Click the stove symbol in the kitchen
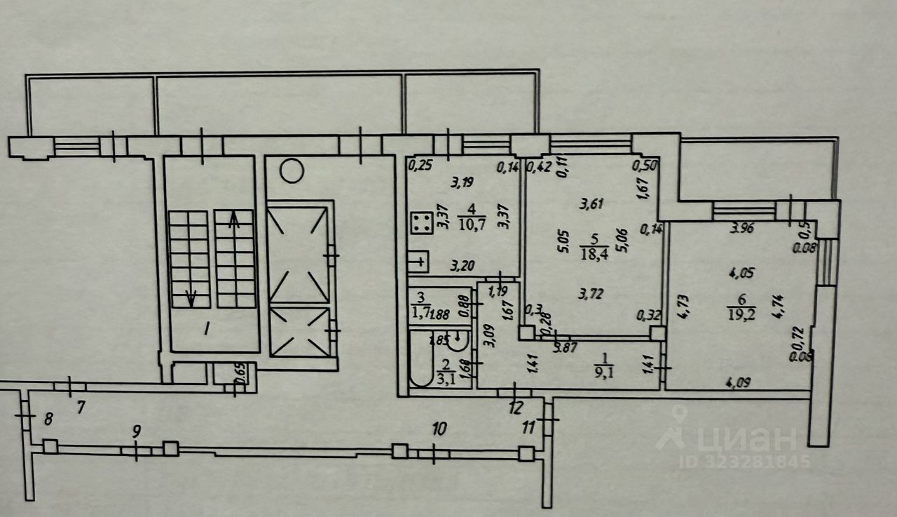tap(421, 224)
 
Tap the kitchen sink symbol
tap(419, 262)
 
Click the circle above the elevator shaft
tap(291, 170)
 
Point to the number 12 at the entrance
tap(516, 408)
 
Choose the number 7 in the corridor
tap(81, 406)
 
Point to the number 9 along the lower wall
tap(137, 431)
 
